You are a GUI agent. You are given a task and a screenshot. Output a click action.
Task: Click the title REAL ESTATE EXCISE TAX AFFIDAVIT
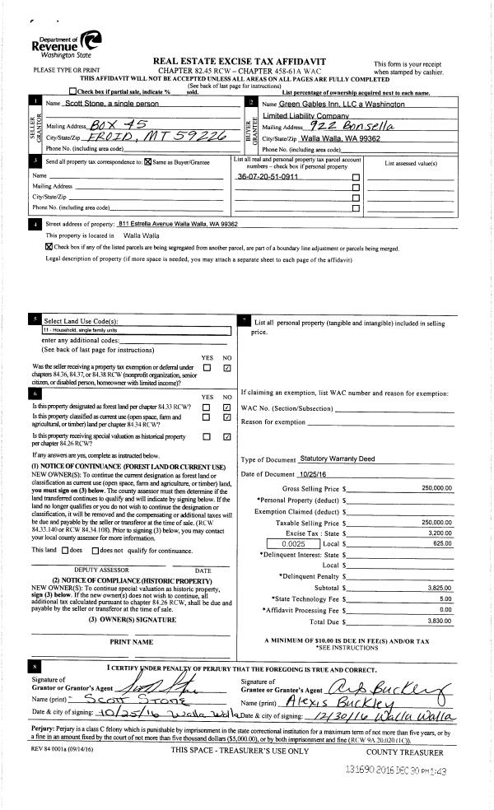(239, 62)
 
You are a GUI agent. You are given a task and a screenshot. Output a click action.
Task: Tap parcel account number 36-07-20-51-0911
(268, 177)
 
